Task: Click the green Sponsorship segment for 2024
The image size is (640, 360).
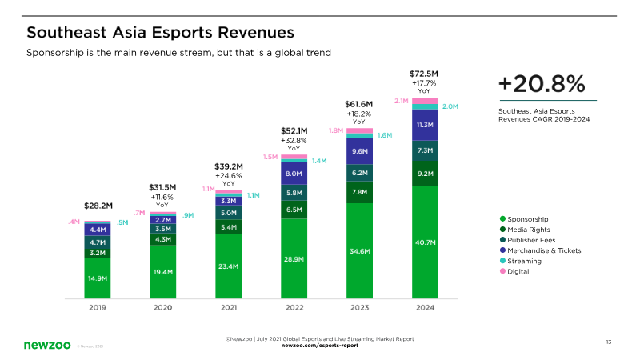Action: point(425,242)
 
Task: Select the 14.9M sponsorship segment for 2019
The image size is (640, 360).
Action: point(98,278)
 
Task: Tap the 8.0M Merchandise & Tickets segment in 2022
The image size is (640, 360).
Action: point(294,174)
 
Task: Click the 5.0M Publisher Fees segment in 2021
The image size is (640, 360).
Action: point(228,213)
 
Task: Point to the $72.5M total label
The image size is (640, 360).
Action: point(424,74)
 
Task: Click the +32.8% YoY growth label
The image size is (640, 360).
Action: point(294,140)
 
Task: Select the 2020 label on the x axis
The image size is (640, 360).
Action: point(162,307)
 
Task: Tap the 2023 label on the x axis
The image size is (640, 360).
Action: point(359,307)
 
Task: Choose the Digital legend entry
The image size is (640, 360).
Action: point(519,271)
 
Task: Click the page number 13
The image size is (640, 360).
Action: point(608,342)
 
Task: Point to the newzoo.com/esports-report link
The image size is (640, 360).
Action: point(319,346)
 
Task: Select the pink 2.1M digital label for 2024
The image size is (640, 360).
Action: point(402,102)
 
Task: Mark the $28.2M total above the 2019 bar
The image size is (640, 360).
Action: point(98,206)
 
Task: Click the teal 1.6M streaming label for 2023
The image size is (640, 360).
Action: point(384,135)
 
